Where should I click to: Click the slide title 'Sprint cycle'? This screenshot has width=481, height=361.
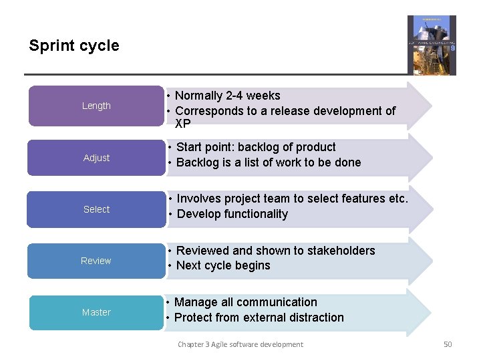click(x=74, y=46)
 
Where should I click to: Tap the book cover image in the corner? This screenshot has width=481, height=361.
click(x=432, y=45)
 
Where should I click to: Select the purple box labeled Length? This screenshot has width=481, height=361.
click(x=96, y=106)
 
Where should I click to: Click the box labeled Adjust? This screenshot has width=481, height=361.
click(x=96, y=158)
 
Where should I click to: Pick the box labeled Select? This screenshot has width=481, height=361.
click(x=96, y=209)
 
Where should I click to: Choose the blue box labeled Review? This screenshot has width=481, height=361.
click(x=96, y=261)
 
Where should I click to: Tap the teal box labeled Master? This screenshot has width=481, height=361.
click(x=96, y=312)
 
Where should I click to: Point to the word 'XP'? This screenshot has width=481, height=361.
click(x=182, y=124)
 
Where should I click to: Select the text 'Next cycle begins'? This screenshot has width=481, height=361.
click(x=223, y=265)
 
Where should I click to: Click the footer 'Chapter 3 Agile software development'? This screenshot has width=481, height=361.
click(x=240, y=344)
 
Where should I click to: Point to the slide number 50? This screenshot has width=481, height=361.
click(x=448, y=344)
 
